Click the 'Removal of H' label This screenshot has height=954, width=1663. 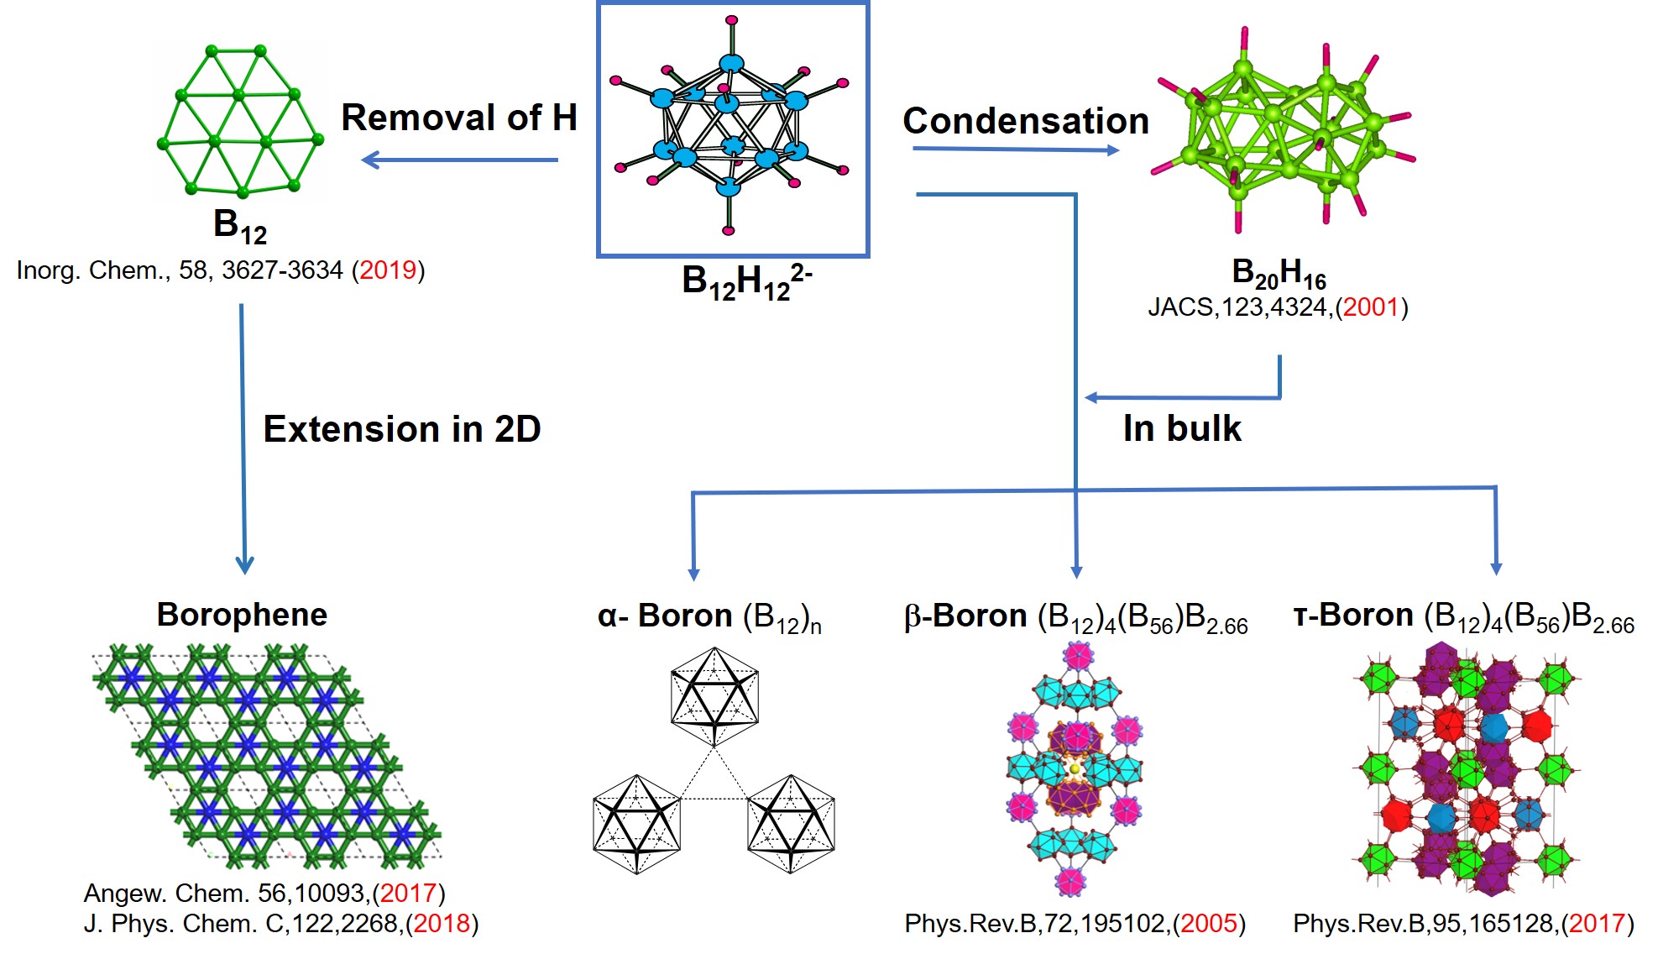coord(459,118)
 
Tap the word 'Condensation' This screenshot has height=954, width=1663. coord(1026,121)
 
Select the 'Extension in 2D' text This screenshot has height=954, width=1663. coord(402,429)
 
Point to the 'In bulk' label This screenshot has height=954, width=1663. coord(1182,428)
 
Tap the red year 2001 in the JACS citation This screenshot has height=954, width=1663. coord(1371,307)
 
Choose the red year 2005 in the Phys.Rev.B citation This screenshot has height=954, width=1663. coord(1209,924)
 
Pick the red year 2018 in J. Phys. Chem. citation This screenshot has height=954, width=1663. coord(442,924)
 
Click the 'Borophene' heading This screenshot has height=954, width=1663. coord(242,615)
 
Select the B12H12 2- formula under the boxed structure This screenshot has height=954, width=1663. coord(745,281)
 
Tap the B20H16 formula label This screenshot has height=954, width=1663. coord(1279,273)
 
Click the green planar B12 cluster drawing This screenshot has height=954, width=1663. coord(239,120)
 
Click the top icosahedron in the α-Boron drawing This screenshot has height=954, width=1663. coord(714,696)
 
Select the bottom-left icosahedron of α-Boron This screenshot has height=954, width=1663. coord(636,824)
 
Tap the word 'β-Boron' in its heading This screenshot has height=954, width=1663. coord(965,616)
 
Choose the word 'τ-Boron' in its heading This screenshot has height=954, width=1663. coord(1353,616)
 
